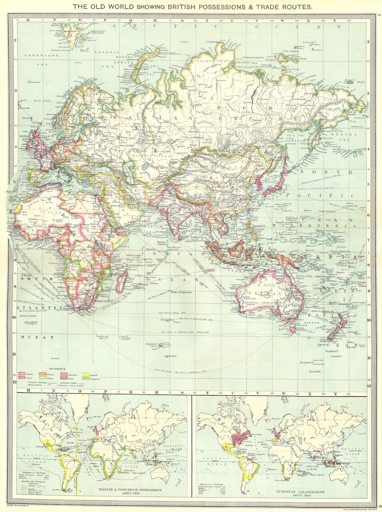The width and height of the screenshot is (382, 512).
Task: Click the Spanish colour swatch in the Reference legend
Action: (85, 374)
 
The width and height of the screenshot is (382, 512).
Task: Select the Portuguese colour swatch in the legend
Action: (85, 378)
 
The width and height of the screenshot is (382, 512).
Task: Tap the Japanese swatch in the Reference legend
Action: (64, 374)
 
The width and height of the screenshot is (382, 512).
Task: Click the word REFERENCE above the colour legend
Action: (57, 369)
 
